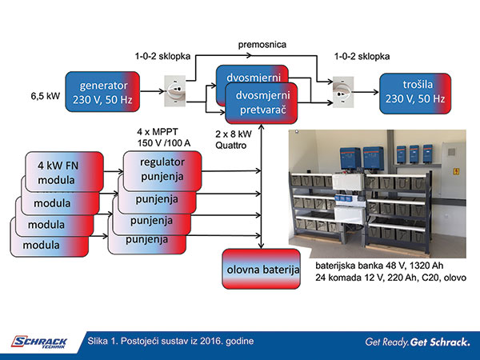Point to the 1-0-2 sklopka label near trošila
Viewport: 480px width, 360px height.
click(362, 58)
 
